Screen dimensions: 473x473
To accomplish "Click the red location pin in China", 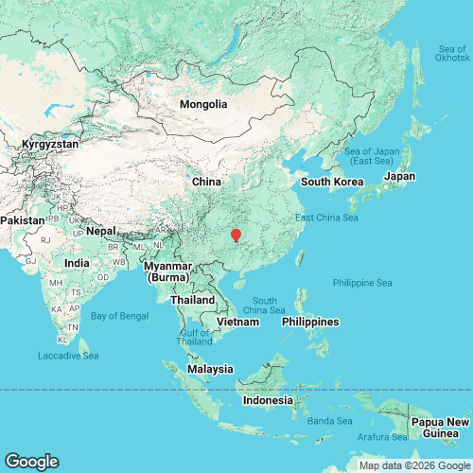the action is (x=236, y=234).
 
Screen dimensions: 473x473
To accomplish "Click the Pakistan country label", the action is (x=22, y=219).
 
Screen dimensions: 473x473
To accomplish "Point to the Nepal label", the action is (x=100, y=231).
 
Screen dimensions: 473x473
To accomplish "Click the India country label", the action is (x=76, y=262).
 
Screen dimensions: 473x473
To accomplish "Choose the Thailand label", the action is (x=192, y=300).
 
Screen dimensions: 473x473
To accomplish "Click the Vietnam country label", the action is (x=238, y=323).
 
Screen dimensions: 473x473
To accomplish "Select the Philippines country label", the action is (x=310, y=322).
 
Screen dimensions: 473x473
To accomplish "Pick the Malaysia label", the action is (x=210, y=368).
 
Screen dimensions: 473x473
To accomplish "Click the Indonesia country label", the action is (x=268, y=400).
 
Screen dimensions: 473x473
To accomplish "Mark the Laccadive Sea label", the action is (x=67, y=356).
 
